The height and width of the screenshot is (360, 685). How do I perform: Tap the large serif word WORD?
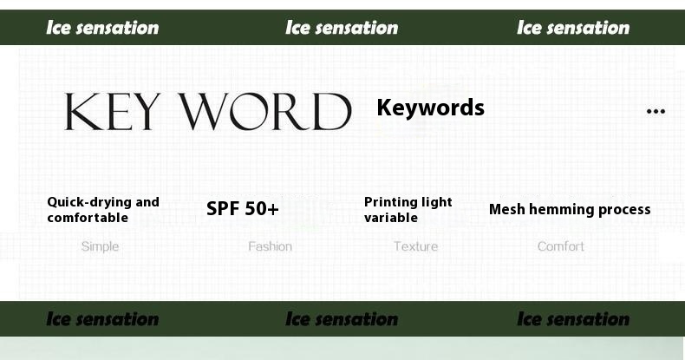click(x=266, y=111)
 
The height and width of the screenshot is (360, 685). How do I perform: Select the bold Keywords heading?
click(x=430, y=107)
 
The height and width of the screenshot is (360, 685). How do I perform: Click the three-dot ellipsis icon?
click(x=656, y=111)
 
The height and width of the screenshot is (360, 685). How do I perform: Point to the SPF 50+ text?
click(x=243, y=209)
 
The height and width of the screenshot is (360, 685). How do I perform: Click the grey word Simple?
click(x=100, y=247)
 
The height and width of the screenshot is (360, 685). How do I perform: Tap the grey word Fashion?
click(x=270, y=246)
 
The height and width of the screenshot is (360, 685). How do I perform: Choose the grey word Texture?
click(x=415, y=246)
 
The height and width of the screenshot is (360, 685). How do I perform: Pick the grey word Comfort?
click(x=560, y=246)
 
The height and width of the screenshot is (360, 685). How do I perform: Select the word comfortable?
click(x=88, y=218)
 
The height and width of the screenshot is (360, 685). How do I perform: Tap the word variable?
click(x=391, y=218)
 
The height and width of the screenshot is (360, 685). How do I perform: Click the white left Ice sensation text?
click(x=102, y=28)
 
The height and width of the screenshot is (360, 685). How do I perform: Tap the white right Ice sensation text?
click(x=573, y=28)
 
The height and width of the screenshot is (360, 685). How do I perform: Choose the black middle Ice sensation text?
click(x=342, y=319)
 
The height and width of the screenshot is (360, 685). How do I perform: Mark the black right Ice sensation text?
click(x=573, y=319)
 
